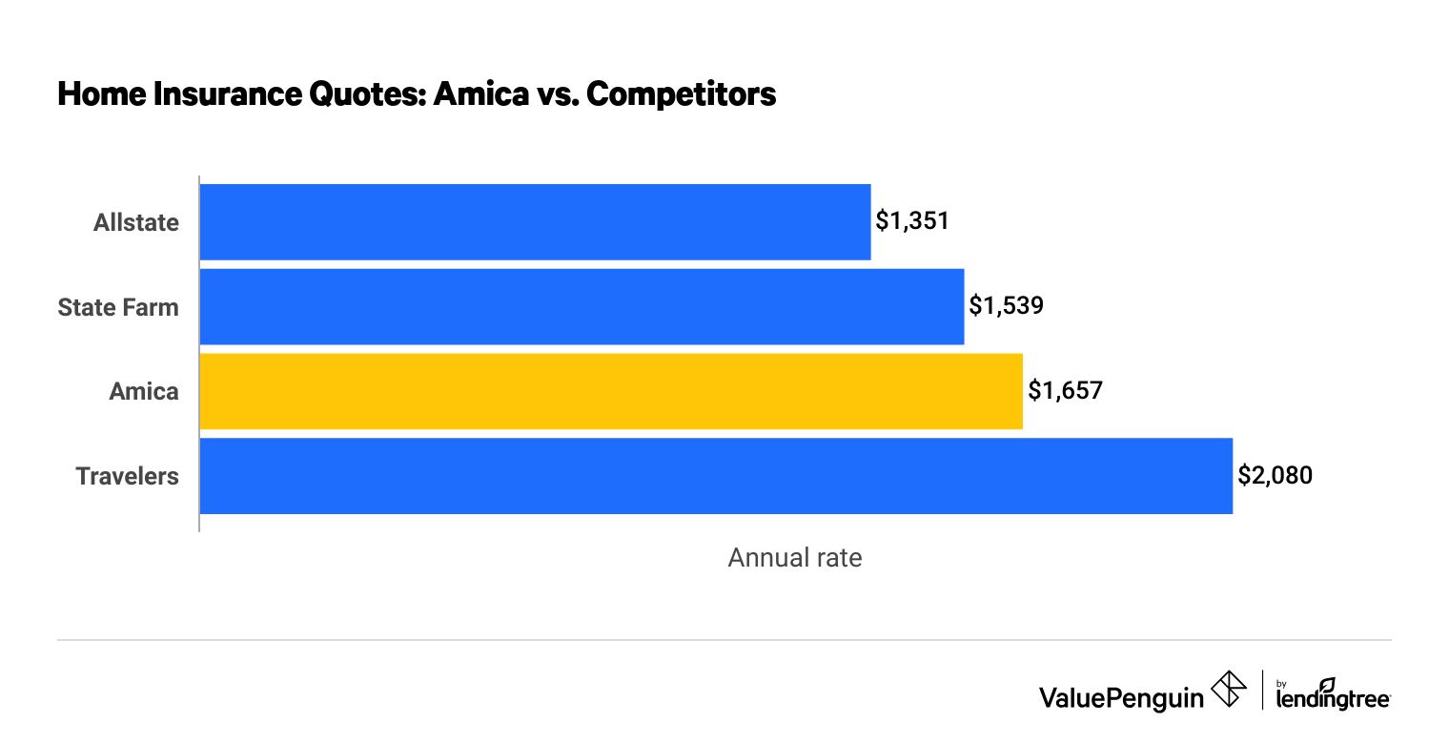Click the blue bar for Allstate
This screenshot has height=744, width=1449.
(535, 222)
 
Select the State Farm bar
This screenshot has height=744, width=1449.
(582, 306)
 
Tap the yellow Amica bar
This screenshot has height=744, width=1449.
(611, 391)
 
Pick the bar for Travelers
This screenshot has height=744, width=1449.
(716, 476)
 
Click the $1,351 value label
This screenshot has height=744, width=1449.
(912, 222)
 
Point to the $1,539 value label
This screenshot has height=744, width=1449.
(1006, 306)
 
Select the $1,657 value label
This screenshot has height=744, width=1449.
(1065, 391)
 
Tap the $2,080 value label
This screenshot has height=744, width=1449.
(1275, 476)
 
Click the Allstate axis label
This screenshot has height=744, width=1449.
(135, 222)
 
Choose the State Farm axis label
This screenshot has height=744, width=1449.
(118, 306)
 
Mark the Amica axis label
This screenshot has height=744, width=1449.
(144, 391)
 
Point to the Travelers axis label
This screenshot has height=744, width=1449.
(128, 476)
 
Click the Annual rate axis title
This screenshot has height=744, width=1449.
(794, 558)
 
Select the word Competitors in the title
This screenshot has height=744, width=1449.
(681, 95)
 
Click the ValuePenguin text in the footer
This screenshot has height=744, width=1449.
(1121, 698)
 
